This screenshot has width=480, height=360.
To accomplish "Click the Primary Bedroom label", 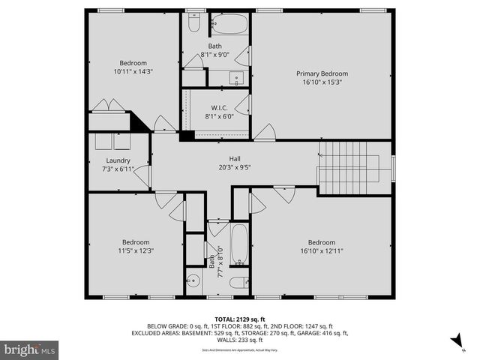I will click(322, 73).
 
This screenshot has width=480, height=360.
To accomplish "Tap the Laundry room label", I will click(118, 160).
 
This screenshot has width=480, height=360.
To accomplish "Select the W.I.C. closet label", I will click(219, 107).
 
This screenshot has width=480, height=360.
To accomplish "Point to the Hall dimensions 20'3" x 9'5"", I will click(234, 168).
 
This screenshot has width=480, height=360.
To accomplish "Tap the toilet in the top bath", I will click(193, 25).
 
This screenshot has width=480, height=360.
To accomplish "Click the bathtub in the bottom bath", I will click(239, 244).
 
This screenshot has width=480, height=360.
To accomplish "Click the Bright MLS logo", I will click(30, 349).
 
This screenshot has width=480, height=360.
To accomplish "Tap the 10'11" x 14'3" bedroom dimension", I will click(133, 72).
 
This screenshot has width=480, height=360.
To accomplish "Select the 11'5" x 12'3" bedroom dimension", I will click(135, 251).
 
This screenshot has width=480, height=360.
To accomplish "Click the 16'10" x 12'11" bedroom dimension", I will click(321, 251).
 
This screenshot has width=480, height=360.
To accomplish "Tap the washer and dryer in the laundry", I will click(111, 142).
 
